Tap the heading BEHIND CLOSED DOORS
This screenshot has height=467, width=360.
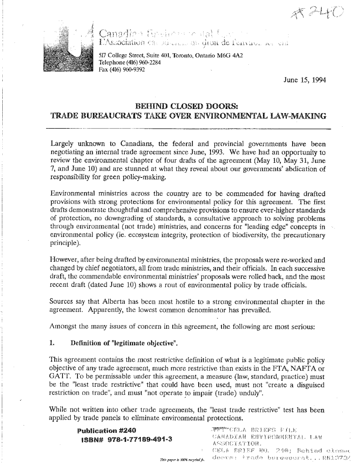188,104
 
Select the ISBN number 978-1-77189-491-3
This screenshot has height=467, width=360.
118,440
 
